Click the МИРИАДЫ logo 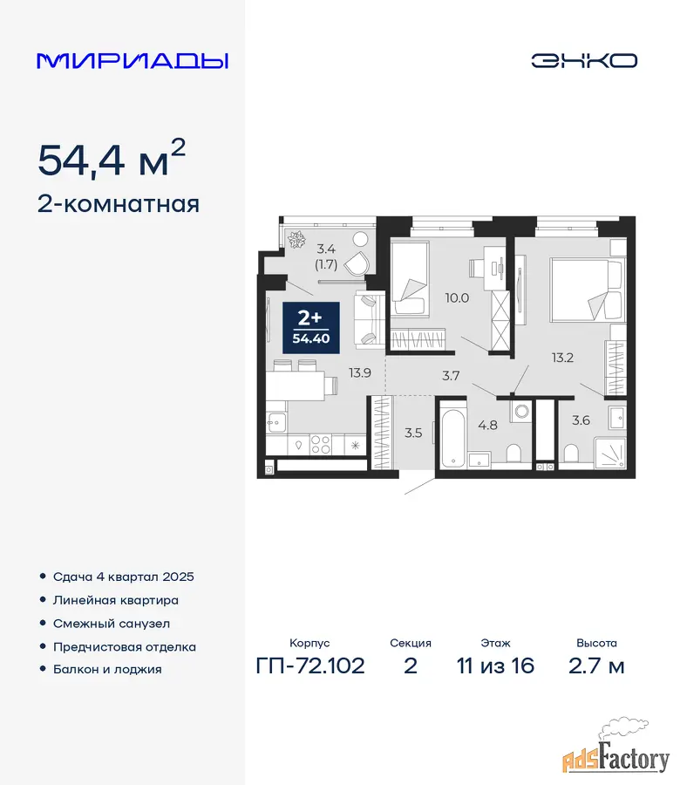[133, 61]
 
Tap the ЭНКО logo [584, 61]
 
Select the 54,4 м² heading [112, 158]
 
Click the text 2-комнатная [119, 204]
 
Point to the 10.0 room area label [457, 298]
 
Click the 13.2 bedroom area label [562, 358]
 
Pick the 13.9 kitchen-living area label [360, 372]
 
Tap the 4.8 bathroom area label [488, 425]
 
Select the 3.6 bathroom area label [581, 420]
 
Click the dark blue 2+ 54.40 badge [310, 328]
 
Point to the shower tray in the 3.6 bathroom [609, 454]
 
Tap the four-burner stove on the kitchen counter [321, 444]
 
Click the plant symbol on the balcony [298, 239]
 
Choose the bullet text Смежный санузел [112, 624]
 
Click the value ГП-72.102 [310, 666]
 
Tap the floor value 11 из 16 [495, 666]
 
